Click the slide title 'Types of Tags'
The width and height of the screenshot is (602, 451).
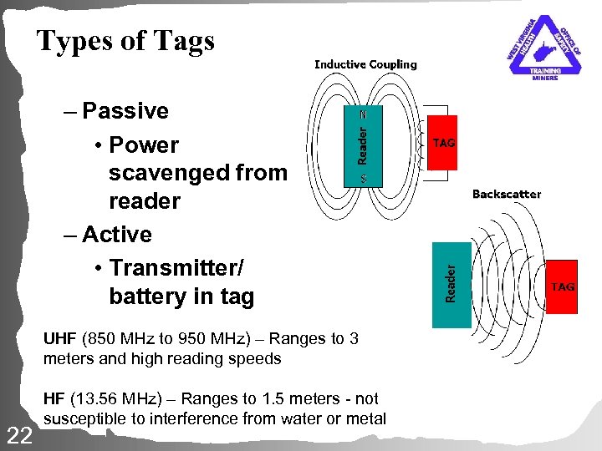click(125, 40)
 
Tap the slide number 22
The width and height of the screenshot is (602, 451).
click(18, 434)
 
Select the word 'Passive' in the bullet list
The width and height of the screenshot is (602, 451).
click(125, 111)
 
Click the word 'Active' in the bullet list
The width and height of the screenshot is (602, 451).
click(117, 235)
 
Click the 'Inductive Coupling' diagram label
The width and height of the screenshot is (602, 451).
click(365, 64)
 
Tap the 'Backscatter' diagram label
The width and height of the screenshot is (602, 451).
click(506, 194)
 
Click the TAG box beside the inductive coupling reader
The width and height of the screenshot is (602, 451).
click(443, 143)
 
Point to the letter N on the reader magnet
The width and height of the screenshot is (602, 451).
click(363, 114)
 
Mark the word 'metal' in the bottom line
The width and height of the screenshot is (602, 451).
click(369, 418)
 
